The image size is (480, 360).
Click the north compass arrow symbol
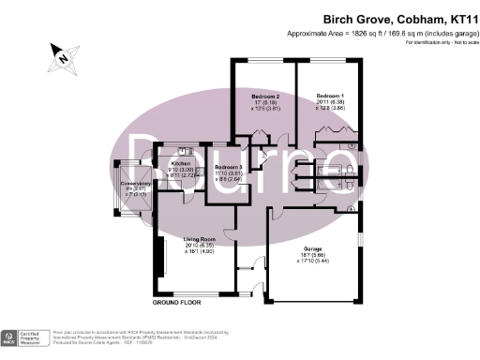(63, 54)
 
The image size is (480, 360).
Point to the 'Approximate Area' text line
(388, 33)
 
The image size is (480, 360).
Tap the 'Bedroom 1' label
(330, 97)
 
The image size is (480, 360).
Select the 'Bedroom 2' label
(265, 97)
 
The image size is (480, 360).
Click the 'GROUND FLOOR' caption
(178, 304)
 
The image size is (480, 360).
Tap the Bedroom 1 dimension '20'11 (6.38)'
(330, 103)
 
